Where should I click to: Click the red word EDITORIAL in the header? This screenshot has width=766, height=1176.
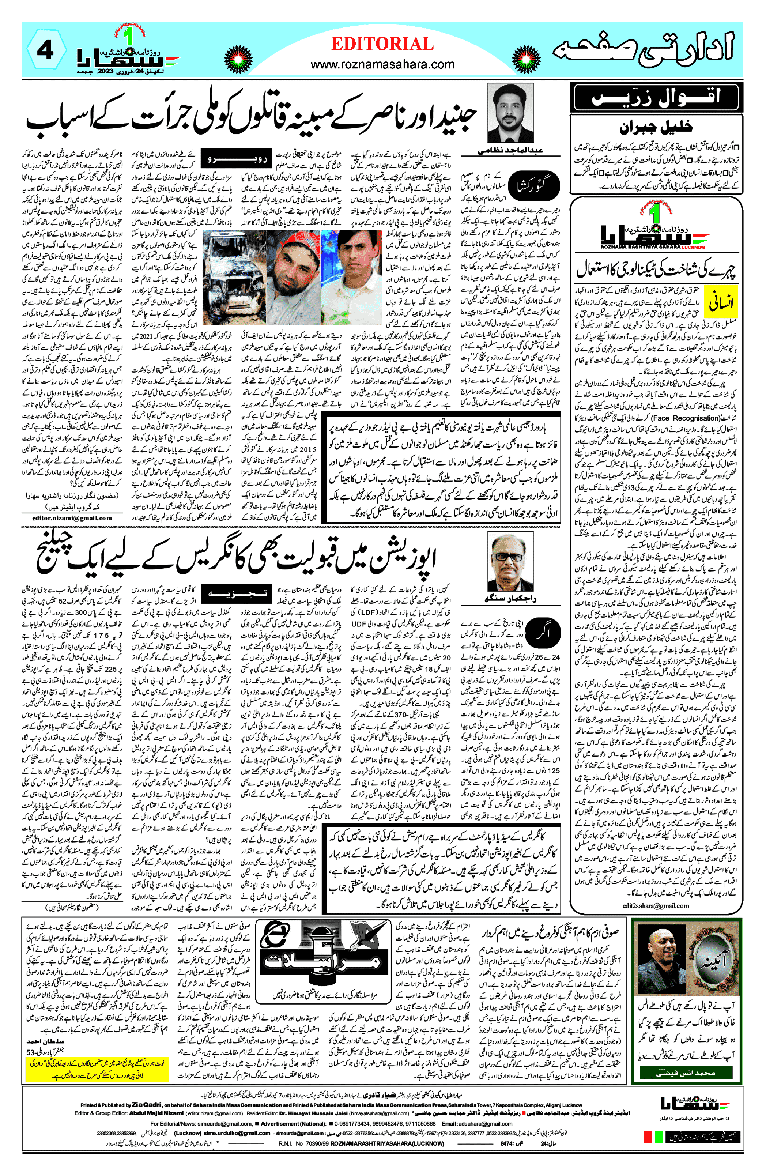tap(382, 44)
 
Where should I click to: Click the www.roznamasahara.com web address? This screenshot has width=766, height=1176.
tap(382, 64)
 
